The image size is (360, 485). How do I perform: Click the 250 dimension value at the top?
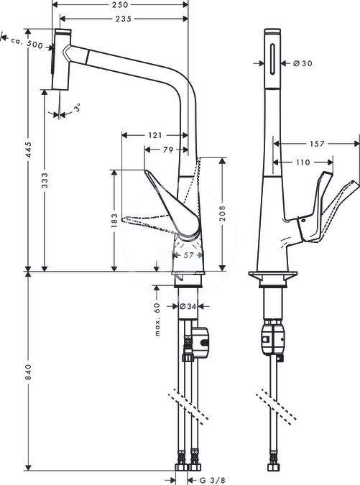coord(120,5)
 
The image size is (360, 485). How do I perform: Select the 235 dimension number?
coord(124,19)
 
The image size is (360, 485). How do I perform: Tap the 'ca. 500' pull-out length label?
coord(27,42)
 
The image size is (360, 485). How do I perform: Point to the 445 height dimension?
coord(29,149)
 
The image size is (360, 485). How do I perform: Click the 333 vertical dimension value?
coord(45,180)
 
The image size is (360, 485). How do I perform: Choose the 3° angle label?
coord(78,108)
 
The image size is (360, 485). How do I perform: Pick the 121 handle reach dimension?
coord(154,135)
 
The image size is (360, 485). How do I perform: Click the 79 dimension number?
coord(168,149)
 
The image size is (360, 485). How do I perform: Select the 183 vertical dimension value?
coord(114,221)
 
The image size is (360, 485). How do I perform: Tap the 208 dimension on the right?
coord(222,213)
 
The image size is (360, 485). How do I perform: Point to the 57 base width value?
coord(188,255)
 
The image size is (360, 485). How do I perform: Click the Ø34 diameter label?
coord(188,307)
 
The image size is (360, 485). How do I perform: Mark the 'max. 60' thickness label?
coord(157,319)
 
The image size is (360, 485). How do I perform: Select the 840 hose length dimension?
coord(29,372)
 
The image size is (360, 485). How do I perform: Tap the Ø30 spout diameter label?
coord(303,63)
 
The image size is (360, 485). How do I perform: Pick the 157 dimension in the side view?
coord(317,144)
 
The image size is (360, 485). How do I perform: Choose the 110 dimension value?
coord(303,162)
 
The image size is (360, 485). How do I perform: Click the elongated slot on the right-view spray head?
coord(272,59)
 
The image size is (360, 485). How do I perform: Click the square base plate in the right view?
coord(273,275)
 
